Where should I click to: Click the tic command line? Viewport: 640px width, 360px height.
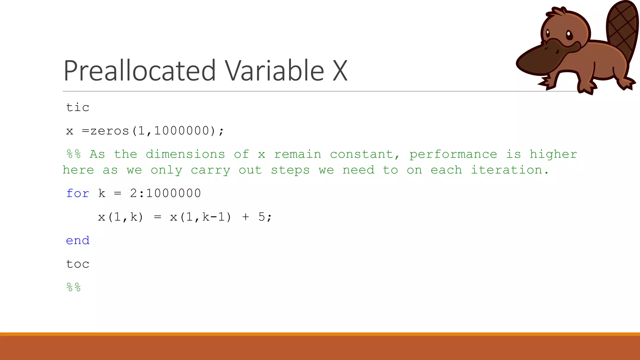[x=77, y=107]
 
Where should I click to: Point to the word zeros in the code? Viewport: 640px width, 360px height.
[x=110, y=131]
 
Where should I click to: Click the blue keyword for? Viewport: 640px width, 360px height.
[x=77, y=193]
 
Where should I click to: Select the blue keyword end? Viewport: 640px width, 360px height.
[x=77, y=240]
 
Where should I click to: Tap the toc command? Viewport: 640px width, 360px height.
[x=77, y=264]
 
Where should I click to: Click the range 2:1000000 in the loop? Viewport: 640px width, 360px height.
[x=165, y=193]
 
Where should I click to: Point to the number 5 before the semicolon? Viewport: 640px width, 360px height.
[x=262, y=217]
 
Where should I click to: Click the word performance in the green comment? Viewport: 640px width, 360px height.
[x=453, y=154]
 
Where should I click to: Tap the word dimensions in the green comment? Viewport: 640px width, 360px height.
[x=185, y=154]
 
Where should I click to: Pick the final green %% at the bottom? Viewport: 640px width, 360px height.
[x=73, y=287]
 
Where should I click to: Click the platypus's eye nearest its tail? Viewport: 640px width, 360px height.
[x=569, y=35]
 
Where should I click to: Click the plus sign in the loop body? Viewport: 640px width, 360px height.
[x=246, y=217]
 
